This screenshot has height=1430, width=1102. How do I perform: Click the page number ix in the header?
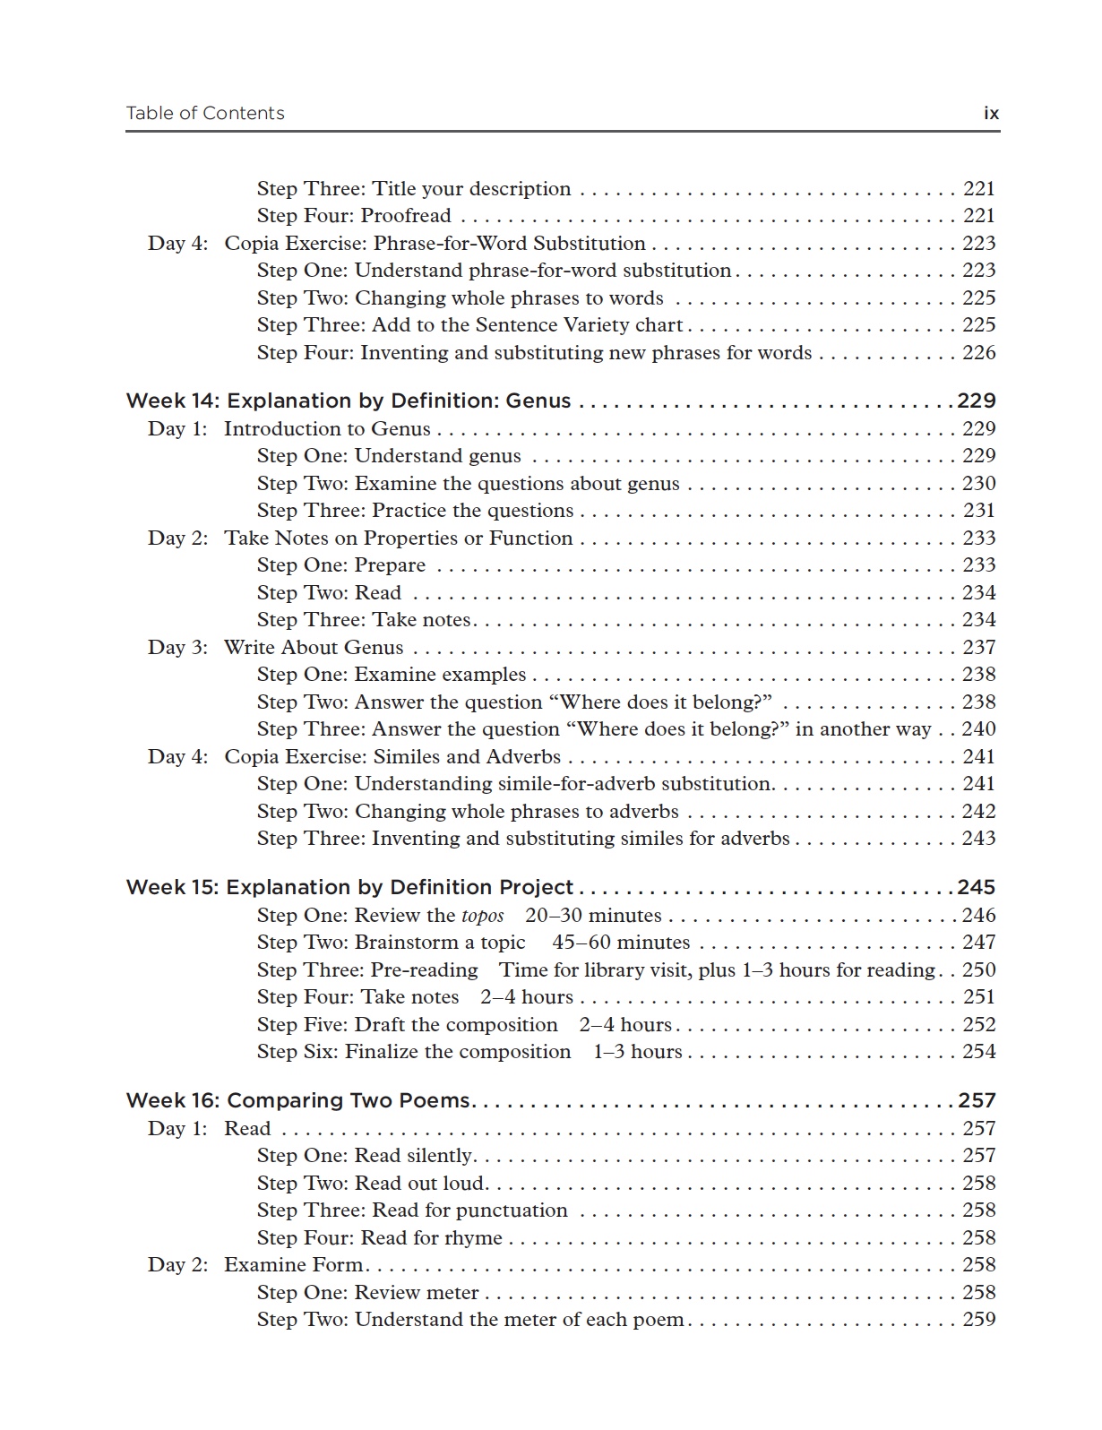click(991, 113)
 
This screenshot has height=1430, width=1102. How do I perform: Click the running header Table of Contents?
click(205, 113)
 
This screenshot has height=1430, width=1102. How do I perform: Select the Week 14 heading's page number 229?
click(977, 401)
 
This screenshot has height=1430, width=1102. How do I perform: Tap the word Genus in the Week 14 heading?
click(538, 401)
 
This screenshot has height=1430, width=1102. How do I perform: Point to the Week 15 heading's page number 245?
click(977, 887)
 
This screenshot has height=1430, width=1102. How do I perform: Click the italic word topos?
click(483, 916)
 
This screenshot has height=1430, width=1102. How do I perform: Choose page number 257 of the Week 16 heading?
click(977, 1100)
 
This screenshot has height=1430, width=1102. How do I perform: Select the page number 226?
click(979, 352)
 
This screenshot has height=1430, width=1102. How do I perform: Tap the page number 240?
click(979, 728)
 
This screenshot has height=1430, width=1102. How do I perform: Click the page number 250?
click(979, 969)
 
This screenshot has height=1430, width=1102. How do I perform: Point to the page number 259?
click(979, 1319)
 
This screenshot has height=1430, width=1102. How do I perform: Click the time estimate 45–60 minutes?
click(621, 943)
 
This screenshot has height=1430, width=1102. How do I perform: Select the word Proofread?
click(406, 216)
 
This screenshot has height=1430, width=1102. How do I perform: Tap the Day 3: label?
click(177, 647)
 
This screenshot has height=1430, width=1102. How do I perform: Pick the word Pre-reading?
click(425, 969)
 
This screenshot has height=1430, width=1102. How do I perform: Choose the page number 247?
click(979, 943)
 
